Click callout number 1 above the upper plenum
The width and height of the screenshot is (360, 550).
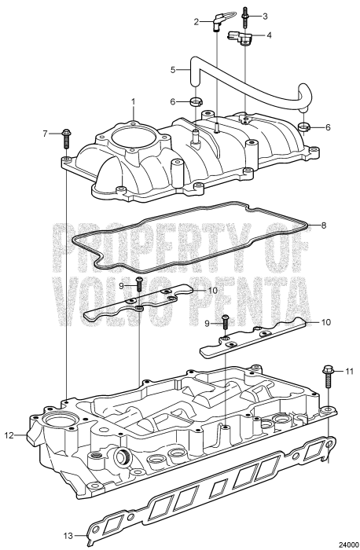click(134, 101)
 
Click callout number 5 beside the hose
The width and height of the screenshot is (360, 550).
click(174, 69)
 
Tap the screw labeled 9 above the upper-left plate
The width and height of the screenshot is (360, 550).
click(139, 281)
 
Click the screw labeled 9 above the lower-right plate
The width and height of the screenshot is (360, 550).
click(225, 319)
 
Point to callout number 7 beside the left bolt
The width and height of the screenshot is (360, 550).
click(45, 134)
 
